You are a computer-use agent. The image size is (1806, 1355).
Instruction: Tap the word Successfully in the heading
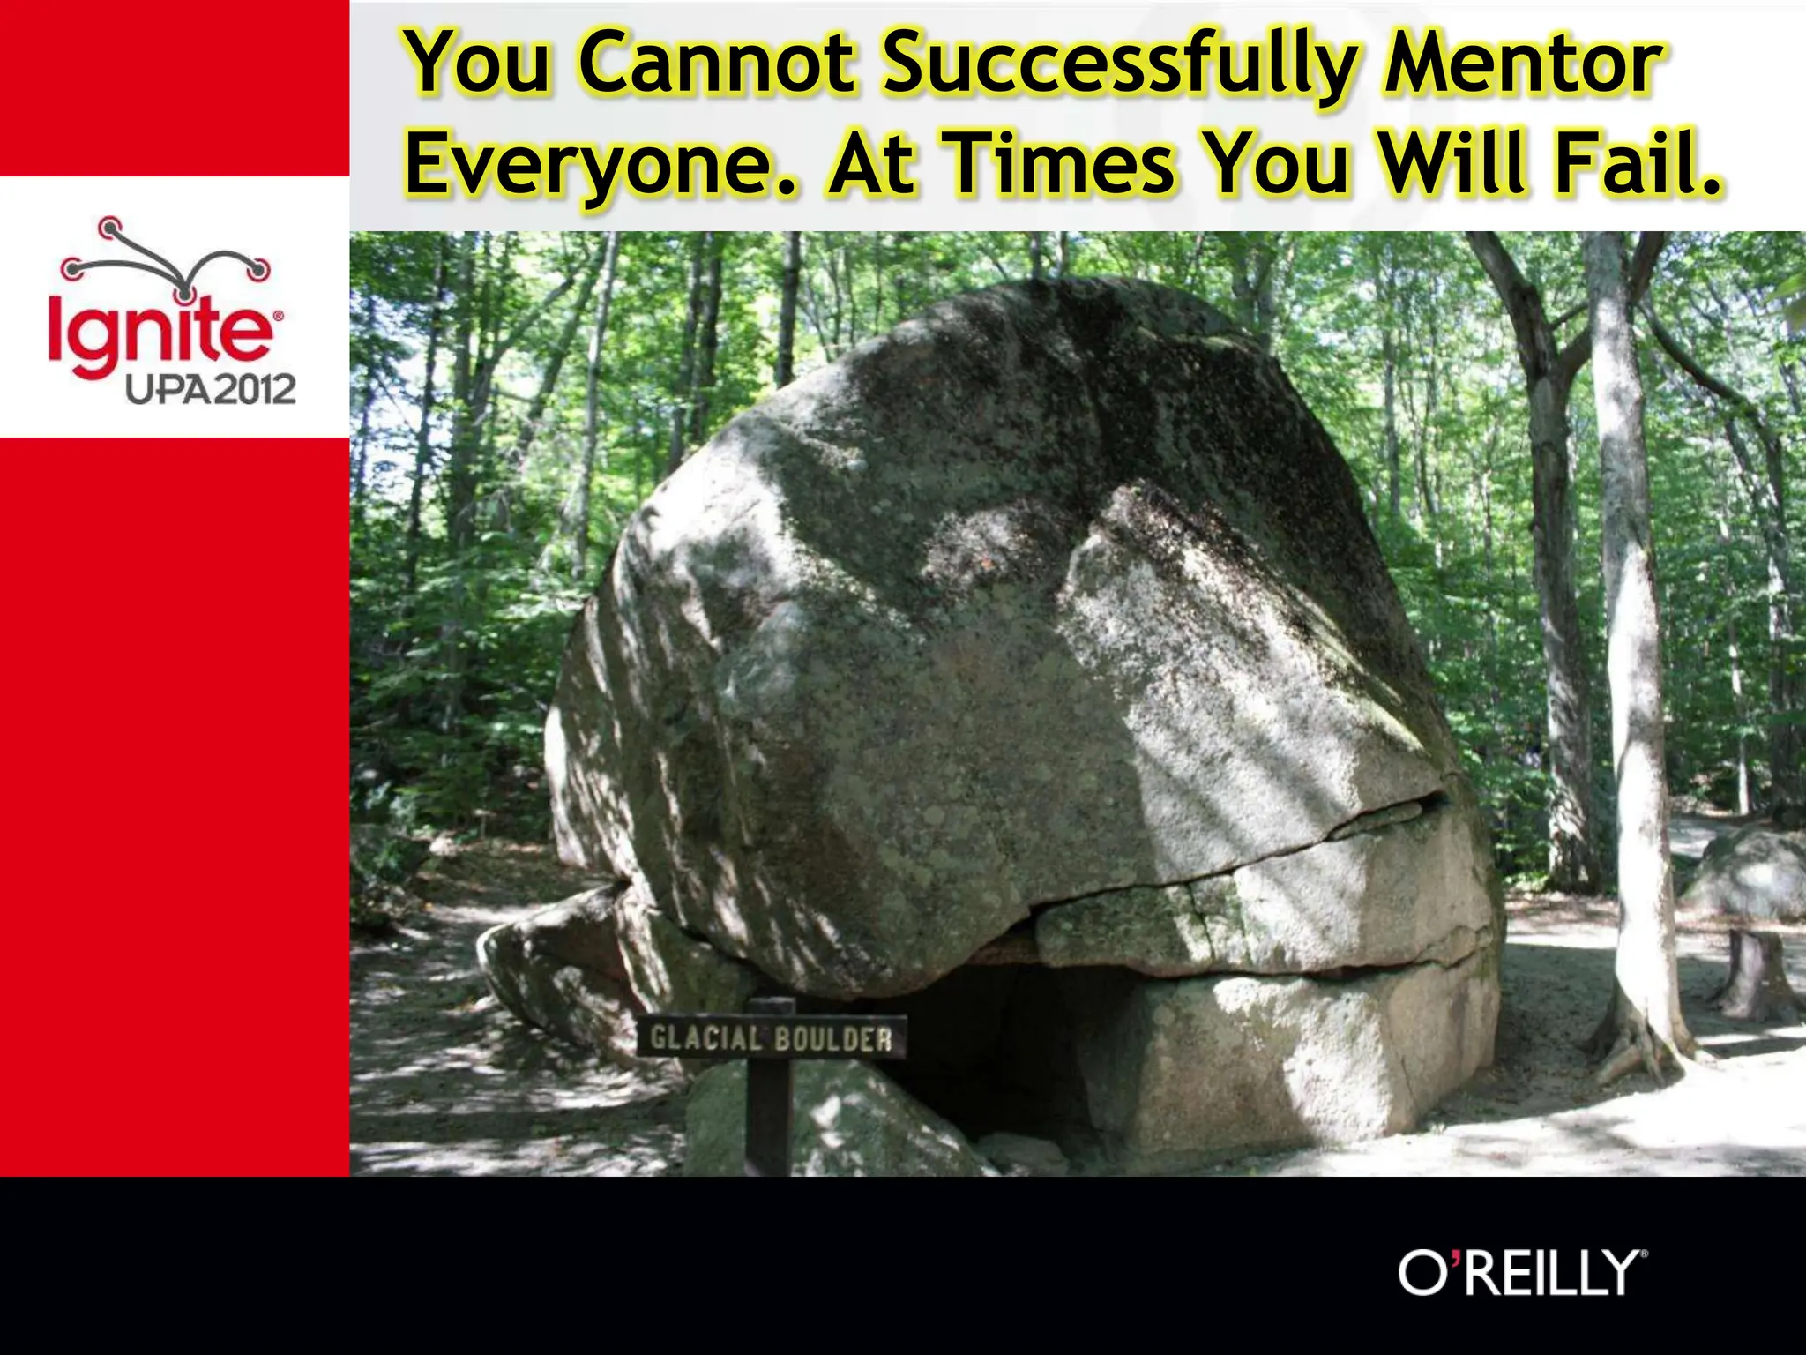coord(1118,66)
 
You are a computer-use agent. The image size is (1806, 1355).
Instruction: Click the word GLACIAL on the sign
coord(705,1038)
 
